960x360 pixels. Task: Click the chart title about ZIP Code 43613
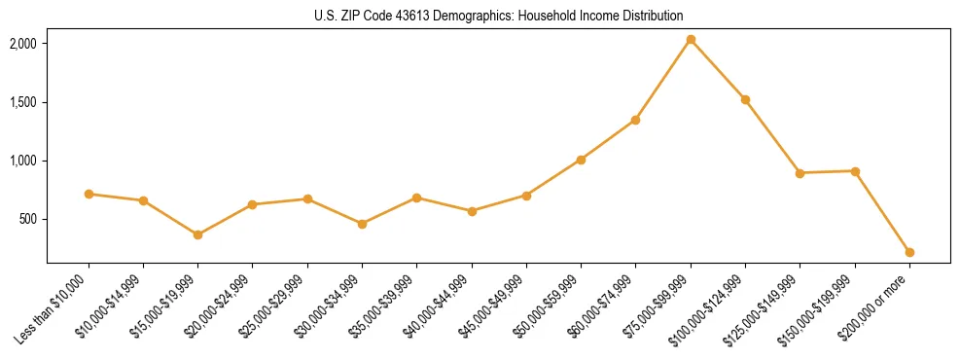tap(498, 16)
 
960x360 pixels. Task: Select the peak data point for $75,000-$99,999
tap(691, 40)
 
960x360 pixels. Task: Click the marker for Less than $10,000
tap(89, 194)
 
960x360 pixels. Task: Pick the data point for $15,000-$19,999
tap(197, 234)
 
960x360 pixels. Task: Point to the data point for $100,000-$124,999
tap(745, 99)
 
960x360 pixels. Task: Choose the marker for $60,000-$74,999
tap(635, 120)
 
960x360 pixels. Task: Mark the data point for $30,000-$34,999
tap(362, 224)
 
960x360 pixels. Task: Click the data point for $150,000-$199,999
tap(855, 171)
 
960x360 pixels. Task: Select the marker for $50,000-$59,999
tap(581, 160)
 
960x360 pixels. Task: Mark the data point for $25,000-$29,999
tap(307, 198)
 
